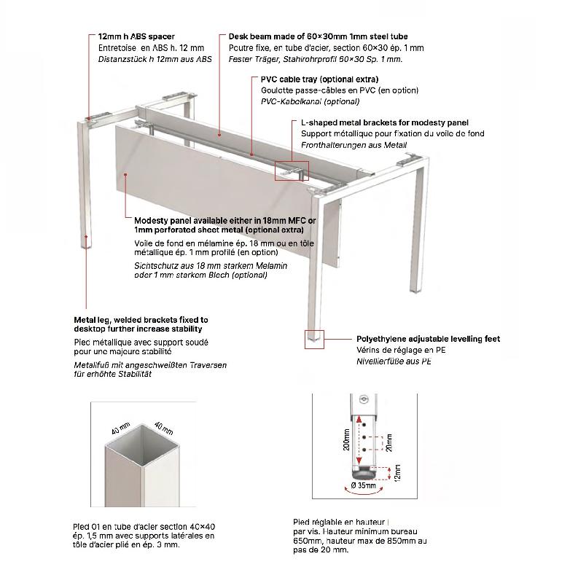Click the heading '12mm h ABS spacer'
[136, 36]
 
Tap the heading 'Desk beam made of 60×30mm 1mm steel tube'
[318, 36]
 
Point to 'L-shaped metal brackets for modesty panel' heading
[384, 122]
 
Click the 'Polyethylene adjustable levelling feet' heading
[428, 339]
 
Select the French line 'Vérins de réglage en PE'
[392, 350]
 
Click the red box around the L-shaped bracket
[292, 171]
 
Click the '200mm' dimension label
[346, 440]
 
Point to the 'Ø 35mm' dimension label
[363, 484]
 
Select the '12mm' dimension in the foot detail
[396, 474]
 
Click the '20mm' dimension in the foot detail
[389, 444]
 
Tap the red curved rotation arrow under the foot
[363, 493]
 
